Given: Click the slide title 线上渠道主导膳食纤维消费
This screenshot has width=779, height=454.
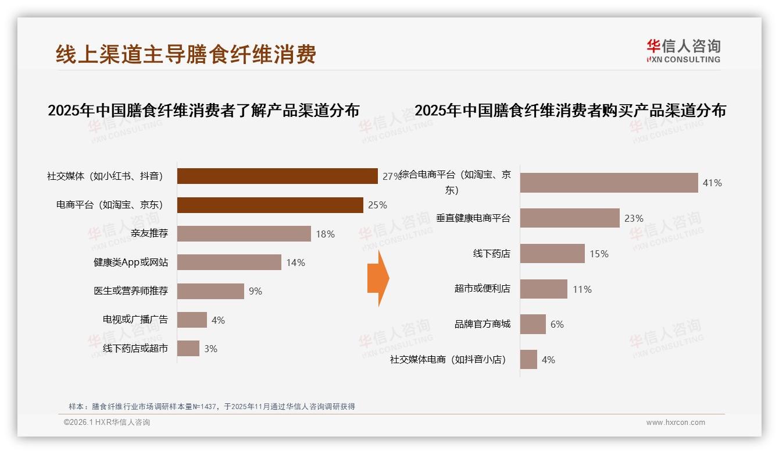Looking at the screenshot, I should tap(185, 54).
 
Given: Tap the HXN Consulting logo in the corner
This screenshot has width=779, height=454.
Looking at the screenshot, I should tap(683, 51).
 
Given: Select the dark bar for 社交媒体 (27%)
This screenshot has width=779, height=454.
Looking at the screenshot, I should tap(277, 176).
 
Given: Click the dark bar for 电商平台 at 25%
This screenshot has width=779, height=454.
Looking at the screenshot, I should tap(270, 205).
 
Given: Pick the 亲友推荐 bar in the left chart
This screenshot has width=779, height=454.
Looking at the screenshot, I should tap(244, 234).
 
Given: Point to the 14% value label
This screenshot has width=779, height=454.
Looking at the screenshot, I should tap(295, 263).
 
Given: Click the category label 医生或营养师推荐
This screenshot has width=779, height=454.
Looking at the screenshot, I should tap(131, 291).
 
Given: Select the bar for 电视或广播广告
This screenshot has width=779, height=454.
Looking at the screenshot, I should tap(192, 320).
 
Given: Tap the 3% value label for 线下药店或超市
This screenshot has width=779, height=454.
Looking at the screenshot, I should tap(210, 349).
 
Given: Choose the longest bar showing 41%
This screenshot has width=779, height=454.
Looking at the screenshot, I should tap(609, 183).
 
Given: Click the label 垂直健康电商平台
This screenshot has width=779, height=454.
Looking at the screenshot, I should tap(473, 218).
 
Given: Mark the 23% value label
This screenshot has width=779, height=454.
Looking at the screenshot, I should tap(634, 218).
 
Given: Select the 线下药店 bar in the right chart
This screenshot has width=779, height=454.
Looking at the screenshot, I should tap(552, 254).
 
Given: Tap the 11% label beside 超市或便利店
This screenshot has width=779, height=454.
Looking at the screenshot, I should tap(582, 289).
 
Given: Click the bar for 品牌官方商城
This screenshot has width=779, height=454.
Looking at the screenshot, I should tap(533, 324).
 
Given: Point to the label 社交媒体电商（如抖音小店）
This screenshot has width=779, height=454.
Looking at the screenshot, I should tap(448, 360).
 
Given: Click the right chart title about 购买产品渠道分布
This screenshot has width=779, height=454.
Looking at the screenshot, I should tap(570, 111).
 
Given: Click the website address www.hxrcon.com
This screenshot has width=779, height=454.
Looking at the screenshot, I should tap(676, 423).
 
